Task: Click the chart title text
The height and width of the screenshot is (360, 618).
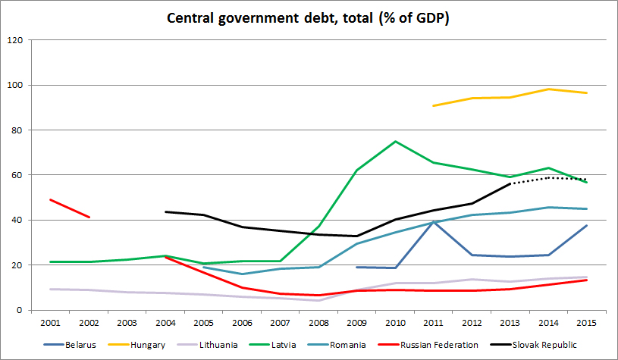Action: pos(308,17)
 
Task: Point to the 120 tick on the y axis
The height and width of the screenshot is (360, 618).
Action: pos(15,40)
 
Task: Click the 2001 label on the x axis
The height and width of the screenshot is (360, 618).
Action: pos(52,321)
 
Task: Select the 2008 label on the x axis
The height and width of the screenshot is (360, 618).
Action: pos(318,321)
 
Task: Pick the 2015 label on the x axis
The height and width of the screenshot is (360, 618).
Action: pos(585,321)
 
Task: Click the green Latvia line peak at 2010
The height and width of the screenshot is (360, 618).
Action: pos(395,142)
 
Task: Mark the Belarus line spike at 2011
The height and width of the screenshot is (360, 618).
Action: pos(433,221)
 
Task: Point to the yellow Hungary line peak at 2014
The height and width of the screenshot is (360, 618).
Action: pos(547,89)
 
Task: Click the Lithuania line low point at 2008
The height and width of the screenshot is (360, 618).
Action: pos(318,300)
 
